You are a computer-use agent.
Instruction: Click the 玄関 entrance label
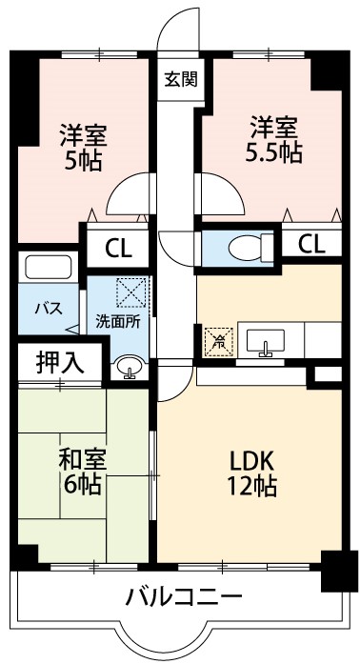[x=180, y=79]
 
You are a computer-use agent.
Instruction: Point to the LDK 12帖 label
[x=251, y=473]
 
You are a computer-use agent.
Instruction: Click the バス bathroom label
[x=49, y=308]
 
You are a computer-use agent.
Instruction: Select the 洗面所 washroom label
[x=118, y=321]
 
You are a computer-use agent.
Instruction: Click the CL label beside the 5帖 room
[x=118, y=250]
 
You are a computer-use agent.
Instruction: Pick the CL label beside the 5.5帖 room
[x=310, y=244]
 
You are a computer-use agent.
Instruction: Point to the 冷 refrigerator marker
[x=218, y=339]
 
